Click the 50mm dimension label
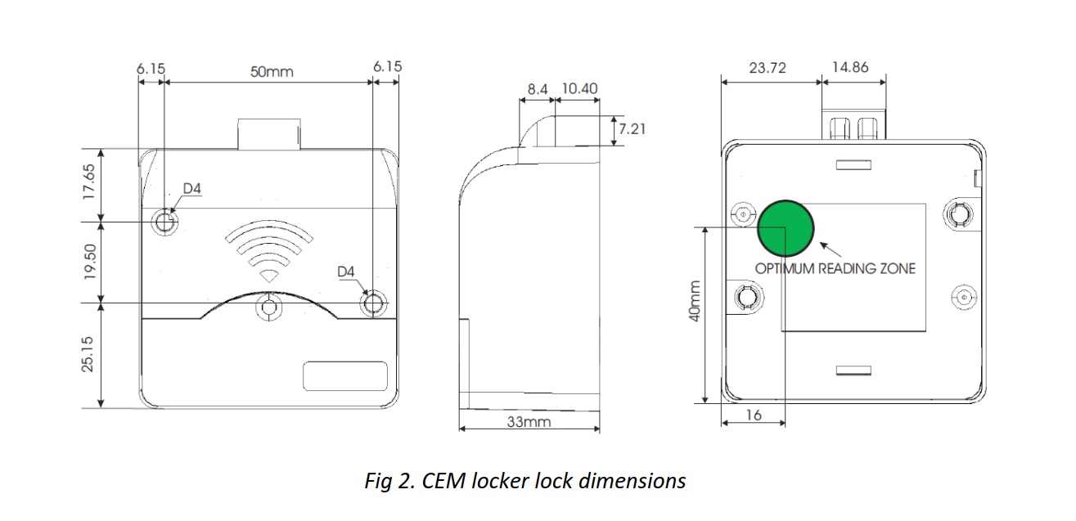[x=271, y=71]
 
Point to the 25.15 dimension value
[x=89, y=353]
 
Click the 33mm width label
[x=528, y=422]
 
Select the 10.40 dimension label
[x=579, y=88]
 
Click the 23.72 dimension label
[x=767, y=68]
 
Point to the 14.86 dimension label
[x=850, y=68]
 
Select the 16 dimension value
[x=754, y=415]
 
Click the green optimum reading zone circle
[x=786, y=226]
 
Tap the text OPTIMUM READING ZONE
[x=835, y=268]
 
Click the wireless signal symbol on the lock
[x=269, y=249]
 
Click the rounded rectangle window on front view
[x=345, y=375]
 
